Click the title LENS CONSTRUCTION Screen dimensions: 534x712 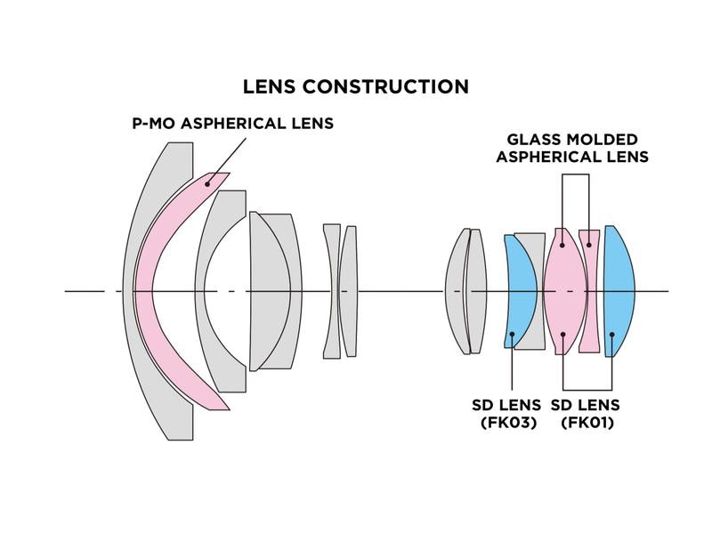[x=356, y=87]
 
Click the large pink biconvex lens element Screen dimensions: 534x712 [x=562, y=290]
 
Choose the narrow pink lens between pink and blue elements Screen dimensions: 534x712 [x=589, y=290]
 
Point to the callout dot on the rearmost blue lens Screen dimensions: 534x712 [x=613, y=335]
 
